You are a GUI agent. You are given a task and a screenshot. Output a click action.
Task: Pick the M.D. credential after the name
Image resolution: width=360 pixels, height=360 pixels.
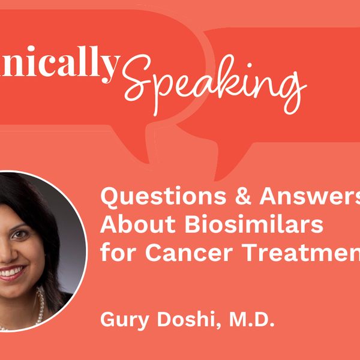[x=251, y=321]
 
